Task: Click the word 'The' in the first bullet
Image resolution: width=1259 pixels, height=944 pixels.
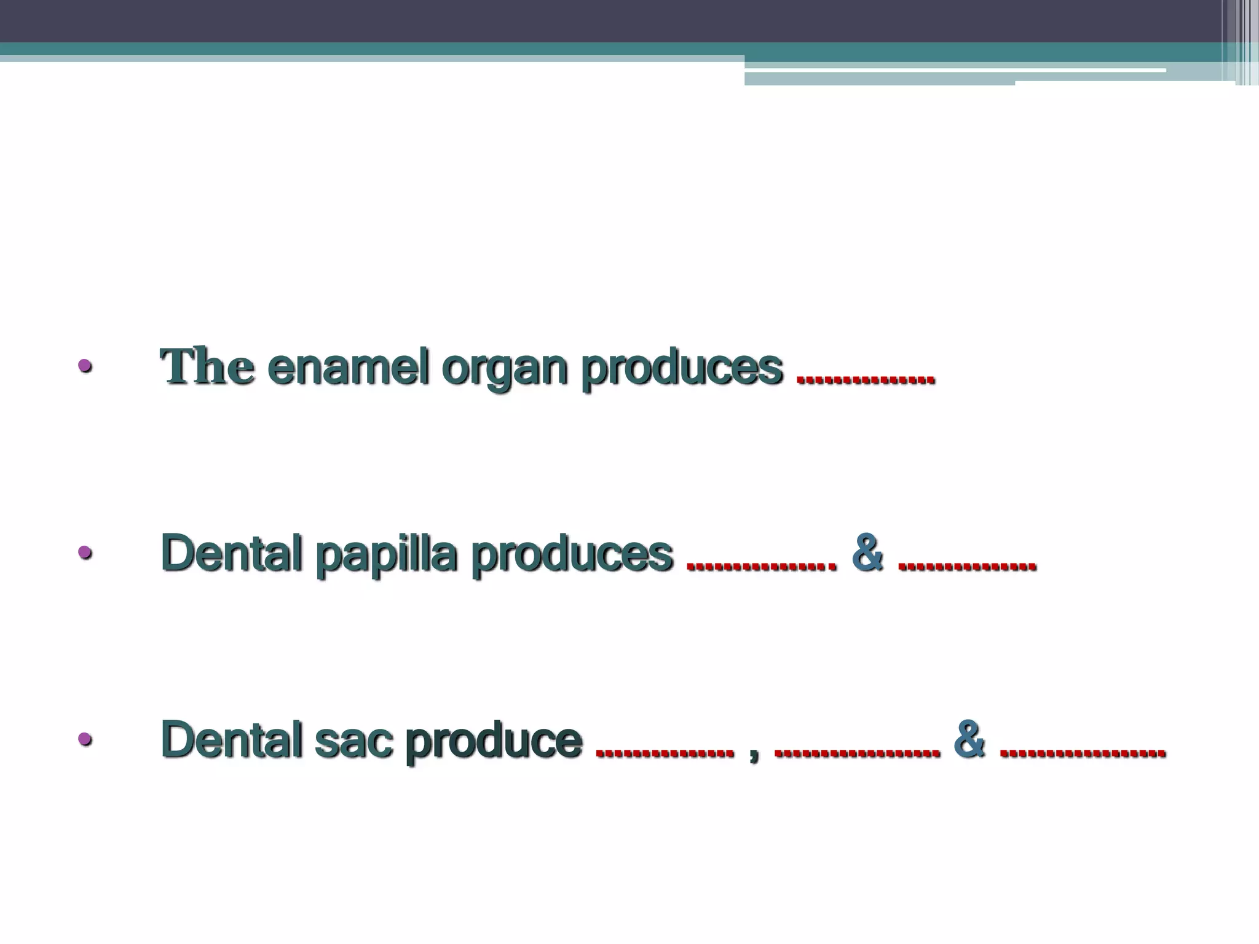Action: click(207, 367)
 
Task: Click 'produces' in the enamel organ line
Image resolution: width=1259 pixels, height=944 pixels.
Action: click(682, 369)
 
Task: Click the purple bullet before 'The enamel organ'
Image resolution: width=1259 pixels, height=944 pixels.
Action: click(85, 367)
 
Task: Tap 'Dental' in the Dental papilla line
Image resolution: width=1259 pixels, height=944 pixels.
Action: click(231, 554)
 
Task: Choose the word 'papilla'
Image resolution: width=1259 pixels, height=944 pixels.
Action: click(386, 555)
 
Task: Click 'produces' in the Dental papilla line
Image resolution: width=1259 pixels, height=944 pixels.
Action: click(572, 555)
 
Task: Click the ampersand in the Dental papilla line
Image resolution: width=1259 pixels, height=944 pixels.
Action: click(868, 554)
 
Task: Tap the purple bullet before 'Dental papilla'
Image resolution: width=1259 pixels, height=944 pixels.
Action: click(85, 553)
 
